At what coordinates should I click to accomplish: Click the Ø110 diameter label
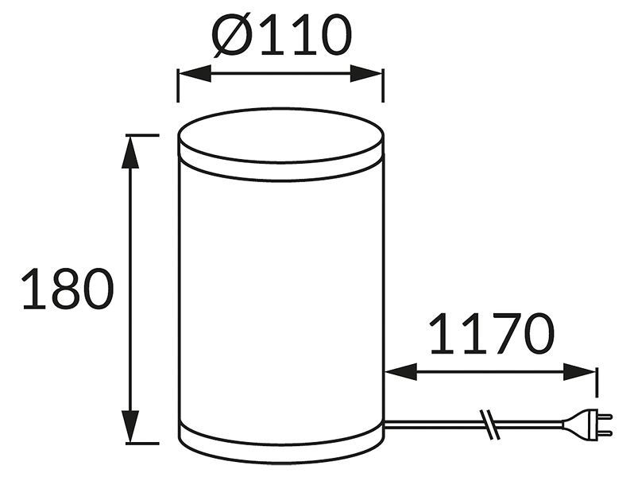click(282, 35)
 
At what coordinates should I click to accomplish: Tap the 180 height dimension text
click(67, 289)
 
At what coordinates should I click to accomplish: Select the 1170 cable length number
click(492, 333)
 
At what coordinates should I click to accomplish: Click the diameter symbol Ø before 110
click(232, 36)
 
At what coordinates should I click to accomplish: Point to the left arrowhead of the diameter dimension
click(195, 73)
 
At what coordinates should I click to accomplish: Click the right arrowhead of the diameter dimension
click(366, 73)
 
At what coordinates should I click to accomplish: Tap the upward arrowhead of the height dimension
click(130, 152)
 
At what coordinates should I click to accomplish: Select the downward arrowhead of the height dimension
click(130, 426)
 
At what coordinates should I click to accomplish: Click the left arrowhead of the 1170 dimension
click(400, 372)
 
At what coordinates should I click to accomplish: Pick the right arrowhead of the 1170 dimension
click(579, 372)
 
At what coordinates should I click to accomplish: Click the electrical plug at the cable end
click(587, 424)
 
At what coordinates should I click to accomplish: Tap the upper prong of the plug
click(605, 416)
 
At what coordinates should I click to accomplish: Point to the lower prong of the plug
click(605, 432)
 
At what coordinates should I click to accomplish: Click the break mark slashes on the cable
click(489, 424)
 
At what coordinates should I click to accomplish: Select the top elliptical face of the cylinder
click(281, 135)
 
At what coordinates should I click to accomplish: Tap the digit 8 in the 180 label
click(67, 289)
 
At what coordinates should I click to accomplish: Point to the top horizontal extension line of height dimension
click(142, 135)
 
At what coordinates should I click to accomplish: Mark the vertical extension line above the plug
click(597, 382)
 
